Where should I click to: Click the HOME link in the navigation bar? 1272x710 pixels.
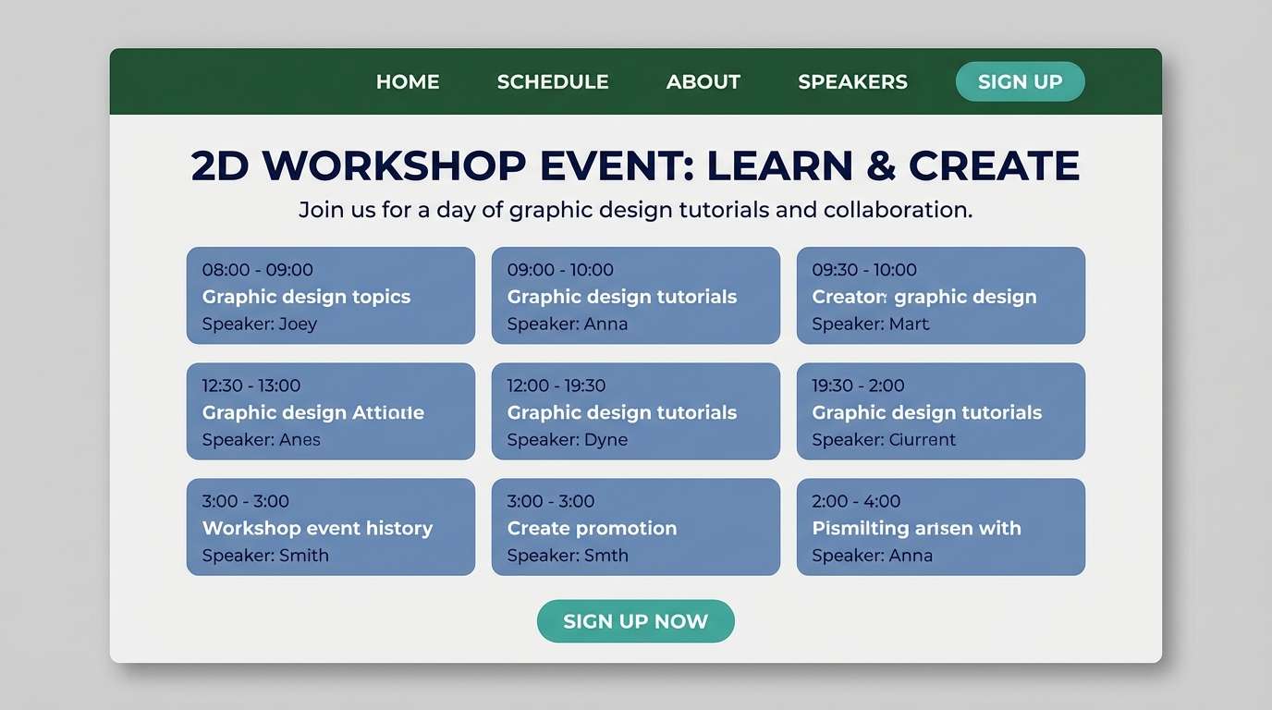click(408, 81)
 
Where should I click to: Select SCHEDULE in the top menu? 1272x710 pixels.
click(553, 81)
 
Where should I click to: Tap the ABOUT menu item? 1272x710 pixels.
click(703, 81)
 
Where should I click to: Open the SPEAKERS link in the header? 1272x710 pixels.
click(852, 81)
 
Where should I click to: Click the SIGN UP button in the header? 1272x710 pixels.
click(1020, 81)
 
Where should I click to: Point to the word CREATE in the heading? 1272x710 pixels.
click(994, 165)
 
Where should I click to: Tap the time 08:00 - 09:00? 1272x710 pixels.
click(258, 270)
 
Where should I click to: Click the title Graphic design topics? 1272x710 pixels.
click(306, 297)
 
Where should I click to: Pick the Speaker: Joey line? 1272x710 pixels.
click(260, 324)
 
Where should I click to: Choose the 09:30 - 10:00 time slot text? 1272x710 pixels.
click(864, 270)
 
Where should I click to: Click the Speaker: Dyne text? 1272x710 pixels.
click(568, 440)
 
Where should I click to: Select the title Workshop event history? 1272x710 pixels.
click(317, 528)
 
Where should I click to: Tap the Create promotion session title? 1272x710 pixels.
click(592, 528)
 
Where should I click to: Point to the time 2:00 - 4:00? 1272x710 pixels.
click(856, 501)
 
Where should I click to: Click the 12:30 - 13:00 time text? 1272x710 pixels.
click(251, 386)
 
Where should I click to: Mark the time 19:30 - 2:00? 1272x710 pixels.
click(858, 386)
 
